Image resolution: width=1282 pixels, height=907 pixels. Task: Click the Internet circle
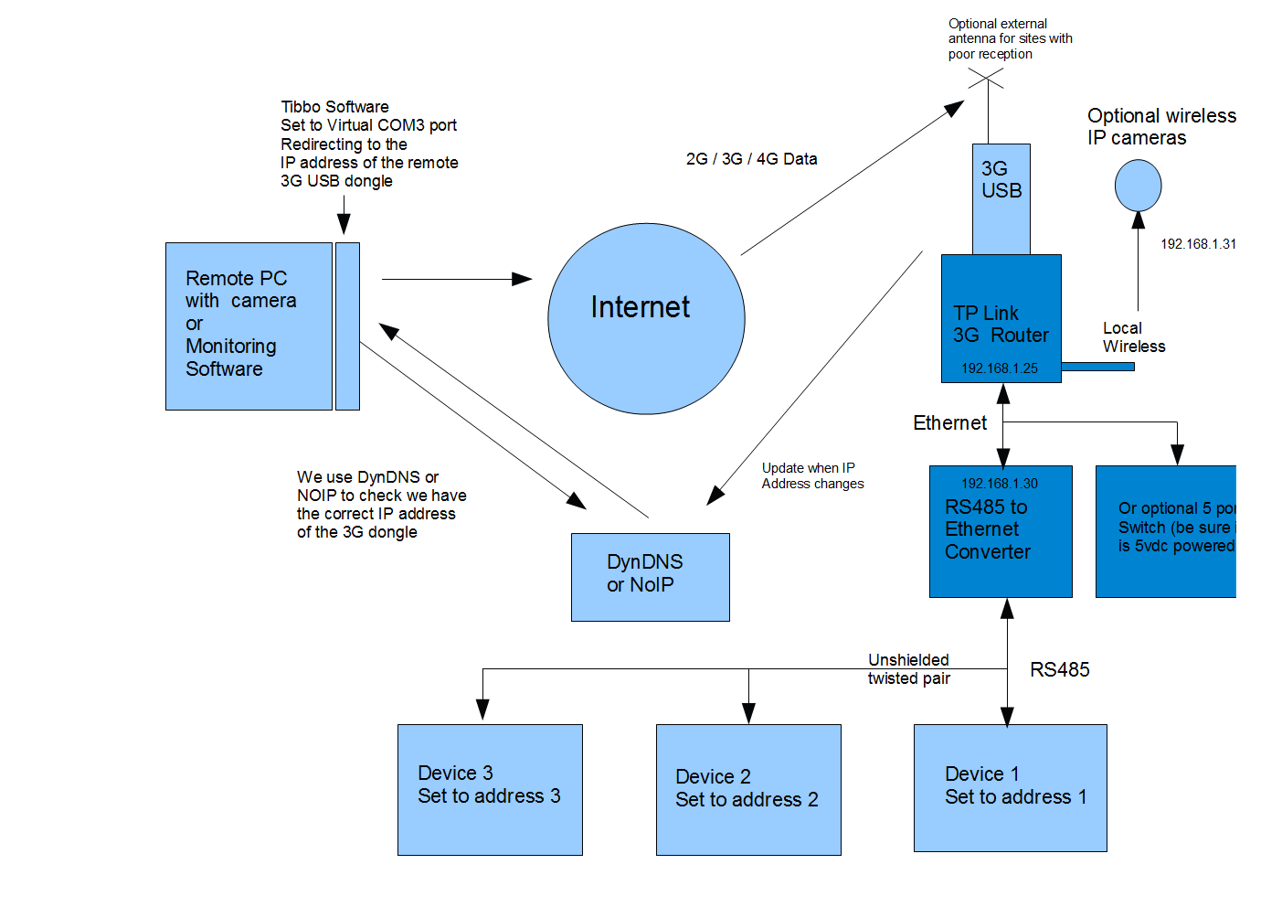point(646,318)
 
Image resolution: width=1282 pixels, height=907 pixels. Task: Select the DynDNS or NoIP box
point(650,577)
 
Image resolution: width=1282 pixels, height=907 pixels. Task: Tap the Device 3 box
point(490,789)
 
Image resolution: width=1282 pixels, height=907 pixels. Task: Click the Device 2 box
point(748,789)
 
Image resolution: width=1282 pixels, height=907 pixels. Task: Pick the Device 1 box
point(1010,787)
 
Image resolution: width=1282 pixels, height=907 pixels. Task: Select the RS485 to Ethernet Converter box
point(1001,531)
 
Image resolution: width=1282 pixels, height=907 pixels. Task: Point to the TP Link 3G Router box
point(1001,317)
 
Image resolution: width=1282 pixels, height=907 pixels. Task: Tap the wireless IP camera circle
point(1138,186)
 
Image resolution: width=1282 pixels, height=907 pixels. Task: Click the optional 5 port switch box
point(1166,531)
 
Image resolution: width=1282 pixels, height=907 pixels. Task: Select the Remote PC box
point(249,325)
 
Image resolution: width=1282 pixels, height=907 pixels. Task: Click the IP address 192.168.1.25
point(1000,368)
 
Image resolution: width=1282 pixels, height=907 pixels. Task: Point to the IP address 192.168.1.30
point(1000,484)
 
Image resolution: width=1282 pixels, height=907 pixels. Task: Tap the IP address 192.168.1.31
point(1198,244)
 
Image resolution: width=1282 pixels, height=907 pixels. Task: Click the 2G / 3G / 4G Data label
point(751,159)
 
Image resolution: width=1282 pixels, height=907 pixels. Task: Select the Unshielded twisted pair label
point(908,669)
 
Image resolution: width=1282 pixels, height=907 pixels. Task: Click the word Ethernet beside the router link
point(949,423)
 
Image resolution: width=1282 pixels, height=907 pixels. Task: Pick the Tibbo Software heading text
point(334,107)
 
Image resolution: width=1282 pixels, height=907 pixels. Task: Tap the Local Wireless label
point(1133,337)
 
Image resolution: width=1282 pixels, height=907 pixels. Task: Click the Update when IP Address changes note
point(811,475)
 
